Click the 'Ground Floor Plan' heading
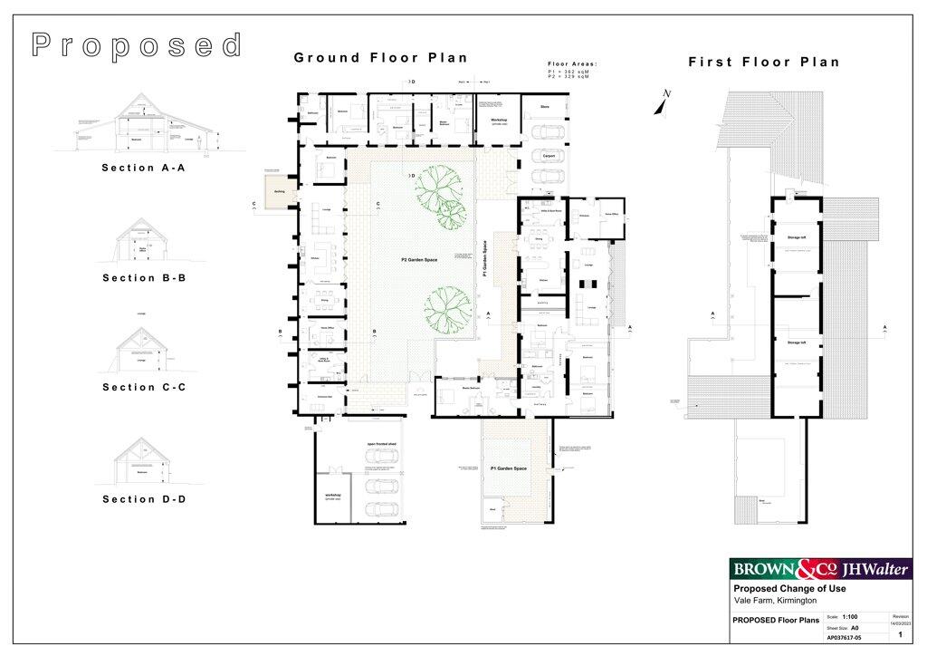[x=380, y=58]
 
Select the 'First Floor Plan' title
[x=764, y=63]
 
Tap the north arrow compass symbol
[x=665, y=101]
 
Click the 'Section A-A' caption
[x=143, y=168]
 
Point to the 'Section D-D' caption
[x=143, y=499]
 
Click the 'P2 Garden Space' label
[x=419, y=260]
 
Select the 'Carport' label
[x=548, y=156]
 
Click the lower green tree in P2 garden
[x=445, y=308]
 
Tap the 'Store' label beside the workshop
[x=545, y=107]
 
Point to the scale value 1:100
[x=850, y=615]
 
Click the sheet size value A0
[x=855, y=626]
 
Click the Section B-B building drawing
[x=141, y=243]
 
